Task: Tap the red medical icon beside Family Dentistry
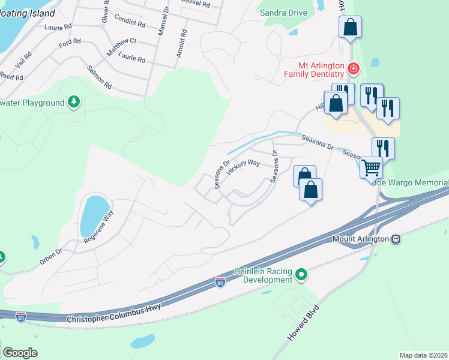coord(354,69)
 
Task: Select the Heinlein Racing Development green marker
coord(301,276)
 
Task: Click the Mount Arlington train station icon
coord(396,239)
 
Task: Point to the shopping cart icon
coord(372,167)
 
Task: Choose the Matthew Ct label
coord(122,48)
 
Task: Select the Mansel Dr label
coord(161,22)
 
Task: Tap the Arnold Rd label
coord(179,43)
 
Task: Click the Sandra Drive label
coord(284,13)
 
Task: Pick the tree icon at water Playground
coord(74,102)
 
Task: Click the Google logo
coord(20,353)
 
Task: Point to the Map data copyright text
coord(424,355)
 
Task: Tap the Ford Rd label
coord(70,44)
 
